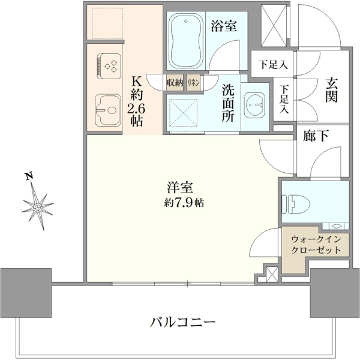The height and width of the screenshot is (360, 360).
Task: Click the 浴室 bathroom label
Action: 224,26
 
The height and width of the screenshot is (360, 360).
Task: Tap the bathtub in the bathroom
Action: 186,41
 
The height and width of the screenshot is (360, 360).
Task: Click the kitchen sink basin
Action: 108,110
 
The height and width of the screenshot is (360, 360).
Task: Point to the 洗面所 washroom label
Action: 228,103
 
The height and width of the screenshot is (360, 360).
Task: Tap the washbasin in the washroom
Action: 255,105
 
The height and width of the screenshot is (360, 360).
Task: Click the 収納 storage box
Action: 175,82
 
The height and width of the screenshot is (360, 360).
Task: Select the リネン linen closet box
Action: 193,82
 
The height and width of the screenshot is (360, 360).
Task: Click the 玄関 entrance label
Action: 331,90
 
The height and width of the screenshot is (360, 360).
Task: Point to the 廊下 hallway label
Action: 316,136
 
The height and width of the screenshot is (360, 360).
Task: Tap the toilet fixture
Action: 296,204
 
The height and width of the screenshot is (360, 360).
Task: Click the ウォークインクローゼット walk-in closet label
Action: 316,245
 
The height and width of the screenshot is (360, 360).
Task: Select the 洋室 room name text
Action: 180,187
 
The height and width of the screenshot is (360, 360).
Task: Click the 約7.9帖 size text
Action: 184,203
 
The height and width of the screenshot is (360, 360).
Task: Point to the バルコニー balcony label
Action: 183,322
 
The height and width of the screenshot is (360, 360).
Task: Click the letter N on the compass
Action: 29,176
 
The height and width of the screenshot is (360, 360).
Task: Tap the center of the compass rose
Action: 37,208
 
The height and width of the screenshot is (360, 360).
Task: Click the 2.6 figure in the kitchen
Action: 136,109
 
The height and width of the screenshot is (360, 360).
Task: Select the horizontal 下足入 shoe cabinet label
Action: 273,65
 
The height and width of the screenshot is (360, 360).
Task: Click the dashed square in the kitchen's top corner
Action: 107,23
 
